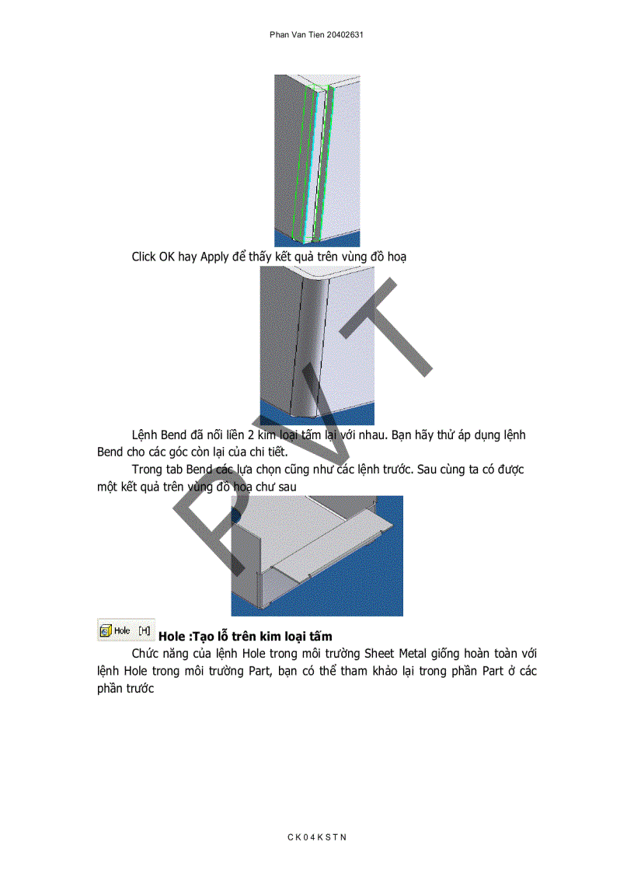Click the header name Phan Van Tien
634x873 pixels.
tap(298, 36)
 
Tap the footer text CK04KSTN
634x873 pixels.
tap(317, 837)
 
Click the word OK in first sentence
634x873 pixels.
tap(167, 257)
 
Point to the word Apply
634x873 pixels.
tap(214, 257)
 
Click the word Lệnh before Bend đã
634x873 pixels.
tap(145, 435)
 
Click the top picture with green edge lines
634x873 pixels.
tap(316, 161)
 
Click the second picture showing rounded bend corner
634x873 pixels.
tap(316, 345)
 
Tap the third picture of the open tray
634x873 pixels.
tap(316, 556)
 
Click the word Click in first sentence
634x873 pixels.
tap(144, 257)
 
